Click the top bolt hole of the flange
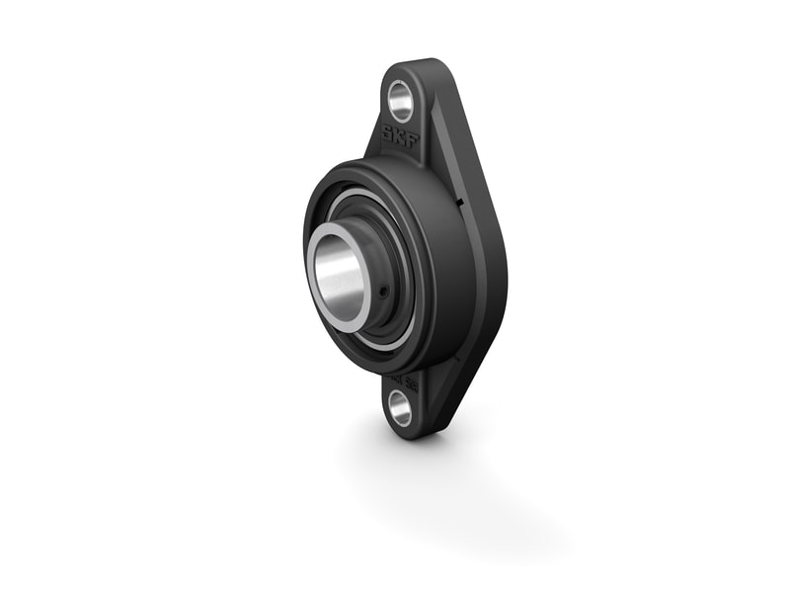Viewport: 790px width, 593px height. pos(402,101)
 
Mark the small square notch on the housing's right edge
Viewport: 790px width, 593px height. pos(460,204)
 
